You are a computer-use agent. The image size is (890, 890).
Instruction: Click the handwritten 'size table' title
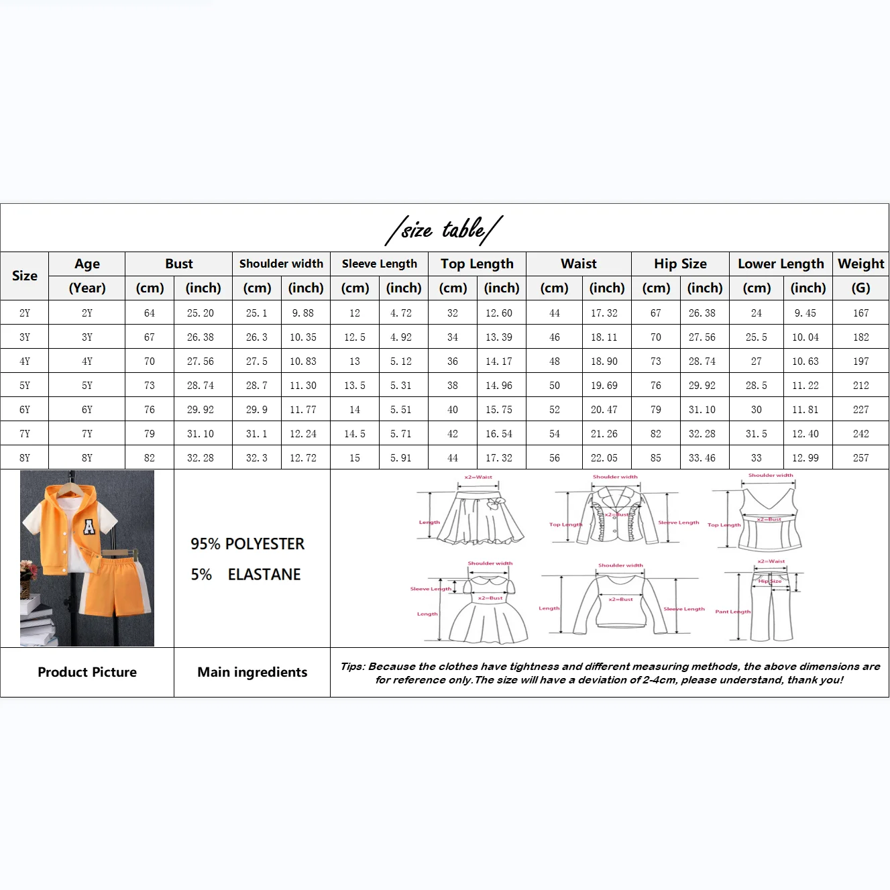pyautogui.click(x=443, y=230)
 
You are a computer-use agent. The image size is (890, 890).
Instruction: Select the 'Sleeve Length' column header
pyautogui.click(x=379, y=264)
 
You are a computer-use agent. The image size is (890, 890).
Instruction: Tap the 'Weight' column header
pyautogui.click(x=860, y=264)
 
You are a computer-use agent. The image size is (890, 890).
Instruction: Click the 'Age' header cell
pyautogui.click(x=87, y=264)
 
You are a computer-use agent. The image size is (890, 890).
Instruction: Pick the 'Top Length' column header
pyautogui.click(x=477, y=264)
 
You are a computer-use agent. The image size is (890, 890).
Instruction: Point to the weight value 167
pyautogui.click(x=860, y=313)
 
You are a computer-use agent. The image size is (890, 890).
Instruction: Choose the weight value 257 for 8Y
pyautogui.click(x=860, y=458)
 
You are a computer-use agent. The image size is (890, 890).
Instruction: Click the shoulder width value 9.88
pyautogui.click(x=303, y=313)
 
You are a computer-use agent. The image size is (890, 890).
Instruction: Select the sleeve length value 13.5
pyautogui.click(x=355, y=386)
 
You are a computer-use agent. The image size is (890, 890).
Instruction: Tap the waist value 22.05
pyautogui.click(x=604, y=458)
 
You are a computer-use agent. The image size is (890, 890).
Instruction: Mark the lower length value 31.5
pyautogui.click(x=757, y=434)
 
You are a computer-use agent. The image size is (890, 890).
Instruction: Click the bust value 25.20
pyautogui.click(x=201, y=313)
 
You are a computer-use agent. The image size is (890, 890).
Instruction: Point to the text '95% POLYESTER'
pyautogui.click(x=247, y=544)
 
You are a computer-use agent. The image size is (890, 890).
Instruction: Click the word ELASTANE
pyautogui.click(x=264, y=575)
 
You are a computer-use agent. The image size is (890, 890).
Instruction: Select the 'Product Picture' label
pyautogui.click(x=87, y=672)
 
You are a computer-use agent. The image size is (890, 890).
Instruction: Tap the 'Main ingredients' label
pyautogui.click(x=252, y=672)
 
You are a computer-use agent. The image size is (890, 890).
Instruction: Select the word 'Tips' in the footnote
pyautogui.click(x=351, y=667)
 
